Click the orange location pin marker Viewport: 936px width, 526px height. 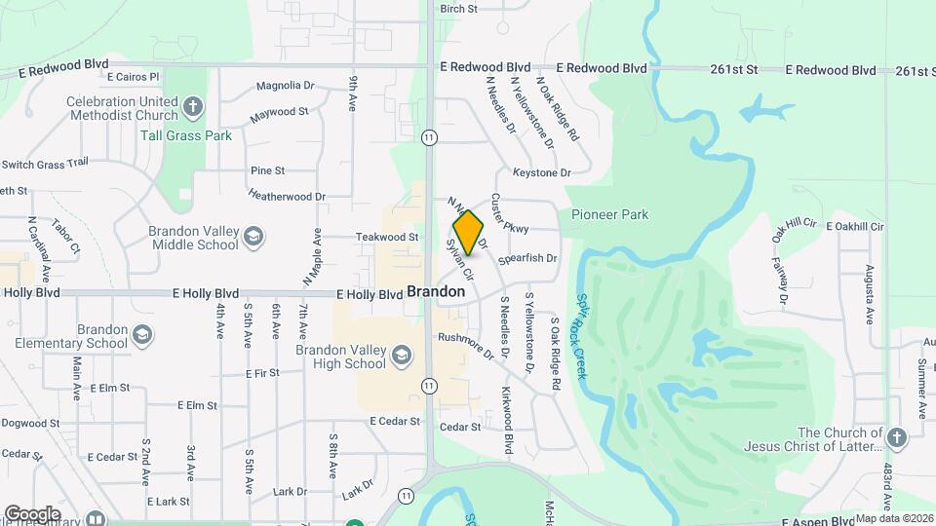tap(468, 233)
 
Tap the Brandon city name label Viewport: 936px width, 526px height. tap(435, 291)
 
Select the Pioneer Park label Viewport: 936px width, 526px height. tap(610, 214)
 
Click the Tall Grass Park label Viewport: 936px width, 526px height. tap(186, 136)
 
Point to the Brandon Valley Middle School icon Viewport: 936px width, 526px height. tap(253, 236)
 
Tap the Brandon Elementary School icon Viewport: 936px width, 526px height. tap(143, 335)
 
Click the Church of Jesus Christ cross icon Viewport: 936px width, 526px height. tap(896, 438)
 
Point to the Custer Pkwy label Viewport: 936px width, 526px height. tap(510, 212)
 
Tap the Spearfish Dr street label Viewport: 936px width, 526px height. tap(527, 259)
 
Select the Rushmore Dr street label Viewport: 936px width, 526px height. tap(467, 344)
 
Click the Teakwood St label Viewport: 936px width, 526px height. tap(387, 237)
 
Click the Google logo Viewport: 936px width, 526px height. tap(32, 513)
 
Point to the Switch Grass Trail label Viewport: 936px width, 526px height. tap(45, 163)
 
